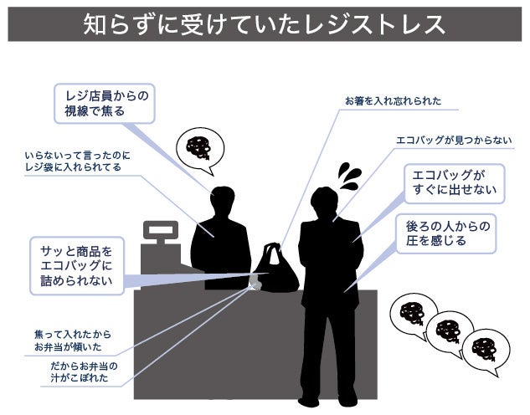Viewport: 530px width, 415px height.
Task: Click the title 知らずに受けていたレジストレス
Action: (265, 24)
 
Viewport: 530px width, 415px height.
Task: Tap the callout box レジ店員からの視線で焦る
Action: (105, 103)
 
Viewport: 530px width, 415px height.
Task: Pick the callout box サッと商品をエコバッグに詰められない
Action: (76, 265)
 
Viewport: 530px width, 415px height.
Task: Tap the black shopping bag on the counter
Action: (275, 272)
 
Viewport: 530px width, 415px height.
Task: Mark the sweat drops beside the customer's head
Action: (347, 176)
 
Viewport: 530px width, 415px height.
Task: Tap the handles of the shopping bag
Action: (272, 250)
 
